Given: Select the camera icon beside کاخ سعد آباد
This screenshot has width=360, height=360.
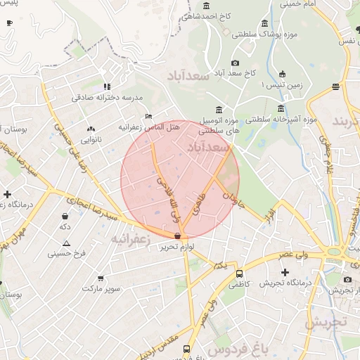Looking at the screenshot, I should tap(236, 63).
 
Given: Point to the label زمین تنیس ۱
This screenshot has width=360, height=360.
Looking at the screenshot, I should tap(281, 84).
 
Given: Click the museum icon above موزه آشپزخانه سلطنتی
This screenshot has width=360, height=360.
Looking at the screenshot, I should tap(281, 109).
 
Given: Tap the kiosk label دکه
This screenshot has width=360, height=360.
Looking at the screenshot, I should tap(65, 226).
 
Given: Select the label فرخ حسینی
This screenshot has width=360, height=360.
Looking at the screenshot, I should tap(66, 253).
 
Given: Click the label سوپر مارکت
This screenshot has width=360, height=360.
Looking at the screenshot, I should tap(101, 288).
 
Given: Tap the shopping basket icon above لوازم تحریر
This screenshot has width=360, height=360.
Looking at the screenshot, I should tap(177, 236).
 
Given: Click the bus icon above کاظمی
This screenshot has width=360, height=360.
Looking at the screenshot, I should tap(240, 274).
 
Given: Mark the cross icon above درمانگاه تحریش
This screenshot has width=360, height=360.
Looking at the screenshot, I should tap(285, 272).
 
